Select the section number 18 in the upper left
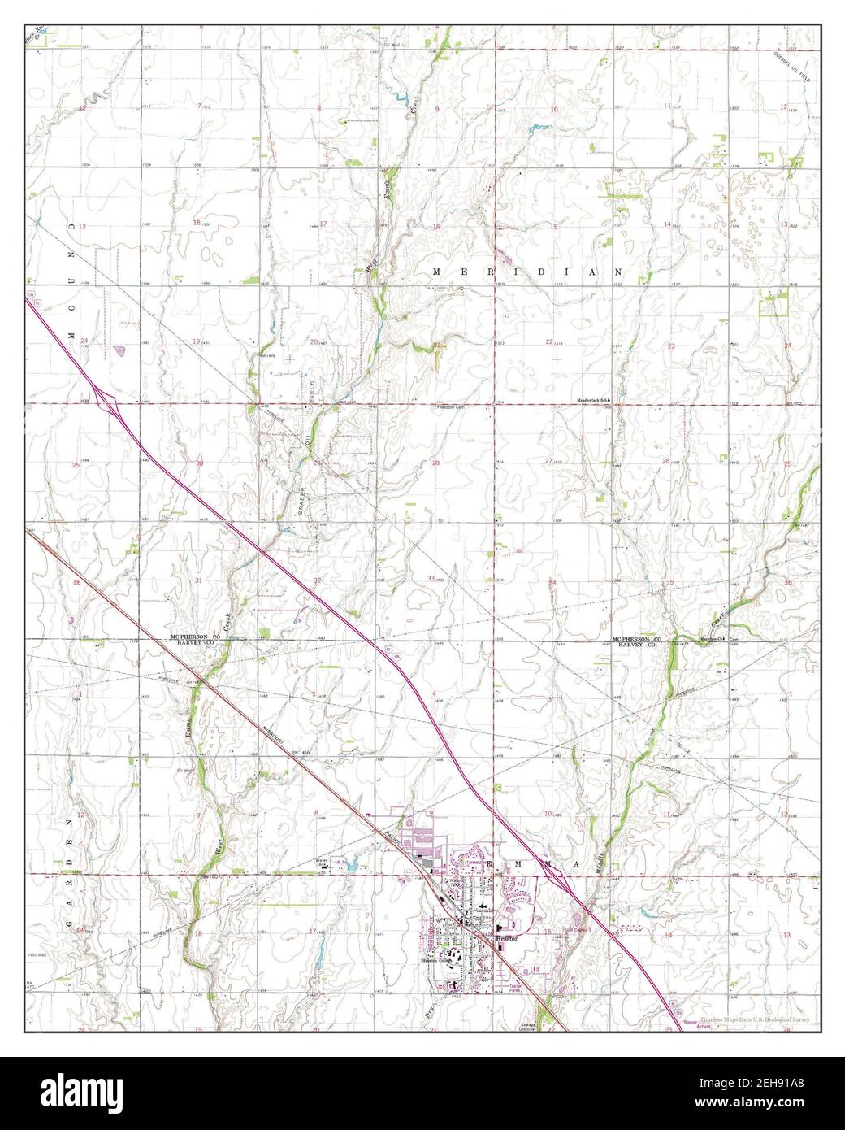pyautogui.click(x=196, y=223)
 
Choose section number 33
pyautogui.click(x=431, y=577)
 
